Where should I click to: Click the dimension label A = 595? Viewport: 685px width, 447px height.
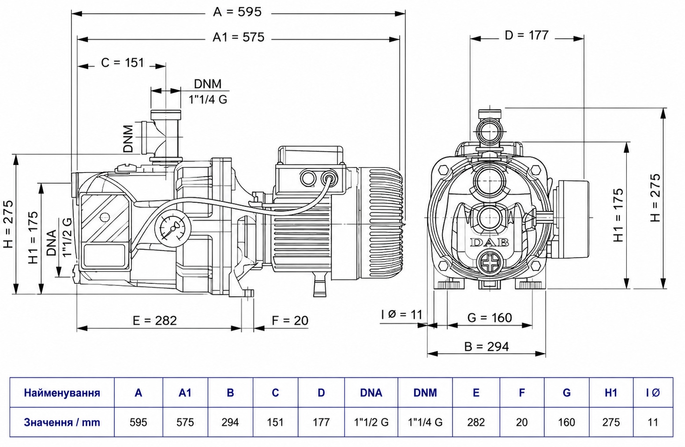(237, 12)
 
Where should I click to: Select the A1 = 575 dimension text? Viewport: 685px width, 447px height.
(238, 38)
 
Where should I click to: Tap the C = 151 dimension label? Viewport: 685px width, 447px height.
(122, 63)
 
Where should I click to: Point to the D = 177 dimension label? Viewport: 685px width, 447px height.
(527, 35)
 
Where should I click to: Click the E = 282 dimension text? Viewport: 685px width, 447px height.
(155, 321)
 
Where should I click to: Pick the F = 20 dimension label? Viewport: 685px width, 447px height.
(290, 321)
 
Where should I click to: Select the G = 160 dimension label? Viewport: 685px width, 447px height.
(490, 318)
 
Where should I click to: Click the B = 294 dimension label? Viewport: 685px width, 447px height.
(487, 347)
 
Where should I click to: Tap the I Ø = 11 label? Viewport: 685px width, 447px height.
(401, 315)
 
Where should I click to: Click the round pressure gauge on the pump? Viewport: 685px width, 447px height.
(173, 228)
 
